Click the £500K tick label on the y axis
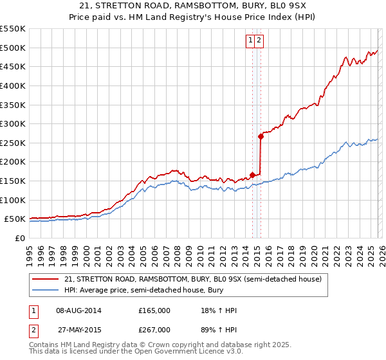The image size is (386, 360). [x=12, y=48]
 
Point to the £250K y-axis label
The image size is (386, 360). [x=12, y=143]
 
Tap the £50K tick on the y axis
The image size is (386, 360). [x=15, y=219]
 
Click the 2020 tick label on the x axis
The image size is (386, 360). [x=313, y=251]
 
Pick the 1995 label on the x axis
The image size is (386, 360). [x=29, y=251]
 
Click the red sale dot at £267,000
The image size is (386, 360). [x=261, y=136]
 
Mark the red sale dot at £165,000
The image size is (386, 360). [x=252, y=175]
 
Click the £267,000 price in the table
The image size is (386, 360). [x=154, y=329]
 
